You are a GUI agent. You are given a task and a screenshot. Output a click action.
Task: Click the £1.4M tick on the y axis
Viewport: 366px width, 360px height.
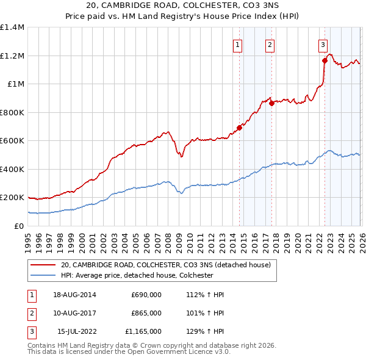(12, 27)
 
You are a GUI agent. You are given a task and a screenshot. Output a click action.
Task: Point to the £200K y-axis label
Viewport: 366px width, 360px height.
(12, 198)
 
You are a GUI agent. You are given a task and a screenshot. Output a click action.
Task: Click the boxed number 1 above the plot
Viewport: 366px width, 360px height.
(237, 44)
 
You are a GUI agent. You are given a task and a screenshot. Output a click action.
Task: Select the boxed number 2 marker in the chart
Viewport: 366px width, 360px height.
(270, 44)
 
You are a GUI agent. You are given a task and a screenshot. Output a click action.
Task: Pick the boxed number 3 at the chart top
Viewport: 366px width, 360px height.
(322, 44)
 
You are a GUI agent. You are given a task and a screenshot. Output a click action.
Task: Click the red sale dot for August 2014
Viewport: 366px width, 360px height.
(239, 128)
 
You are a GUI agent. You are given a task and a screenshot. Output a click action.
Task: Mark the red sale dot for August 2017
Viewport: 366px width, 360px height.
(271, 103)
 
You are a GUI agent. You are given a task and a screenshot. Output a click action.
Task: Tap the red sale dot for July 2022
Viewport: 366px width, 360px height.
(325, 60)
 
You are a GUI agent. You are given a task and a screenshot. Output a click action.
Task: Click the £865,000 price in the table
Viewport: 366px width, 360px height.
(146, 313)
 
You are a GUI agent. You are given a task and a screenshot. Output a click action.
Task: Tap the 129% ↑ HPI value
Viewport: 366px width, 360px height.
(205, 331)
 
